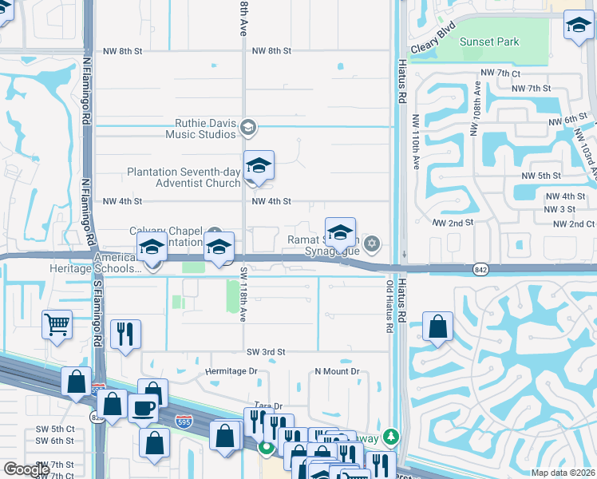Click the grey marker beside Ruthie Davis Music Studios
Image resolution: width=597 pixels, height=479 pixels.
coord(248,128)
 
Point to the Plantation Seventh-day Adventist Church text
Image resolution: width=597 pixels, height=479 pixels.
coord(184,177)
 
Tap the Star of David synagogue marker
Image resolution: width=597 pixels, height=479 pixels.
coord(371,243)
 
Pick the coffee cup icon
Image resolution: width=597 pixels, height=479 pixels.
coord(143,408)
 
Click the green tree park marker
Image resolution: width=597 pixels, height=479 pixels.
coord(390,437)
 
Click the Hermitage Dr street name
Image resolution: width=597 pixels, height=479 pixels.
coord(231,371)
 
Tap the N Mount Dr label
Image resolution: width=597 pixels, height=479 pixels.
coord(338,371)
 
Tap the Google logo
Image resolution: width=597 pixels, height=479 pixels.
coord(28,469)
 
